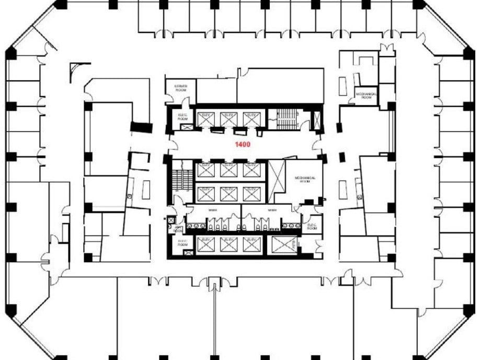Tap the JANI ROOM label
(179, 229)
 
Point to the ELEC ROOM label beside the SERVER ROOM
(182, 117)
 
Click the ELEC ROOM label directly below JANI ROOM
(182, 243)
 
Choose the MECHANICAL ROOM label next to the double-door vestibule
(367, 95)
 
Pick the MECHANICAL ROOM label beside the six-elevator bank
(305, 179)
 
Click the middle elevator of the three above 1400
(229, 119)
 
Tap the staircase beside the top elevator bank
(285, 120)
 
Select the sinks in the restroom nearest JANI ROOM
(198, 227)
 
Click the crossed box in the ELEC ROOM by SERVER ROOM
(183, 127)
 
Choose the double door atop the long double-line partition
(213, 284)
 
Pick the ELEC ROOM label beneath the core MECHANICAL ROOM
(312, 227)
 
